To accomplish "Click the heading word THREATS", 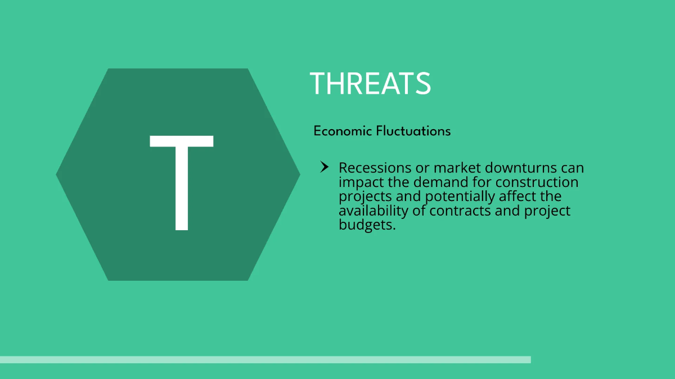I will pos(370,84).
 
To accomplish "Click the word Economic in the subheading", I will pos(343,131).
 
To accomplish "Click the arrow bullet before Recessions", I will pos(324,167).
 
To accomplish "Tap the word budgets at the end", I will pos(367,226).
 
